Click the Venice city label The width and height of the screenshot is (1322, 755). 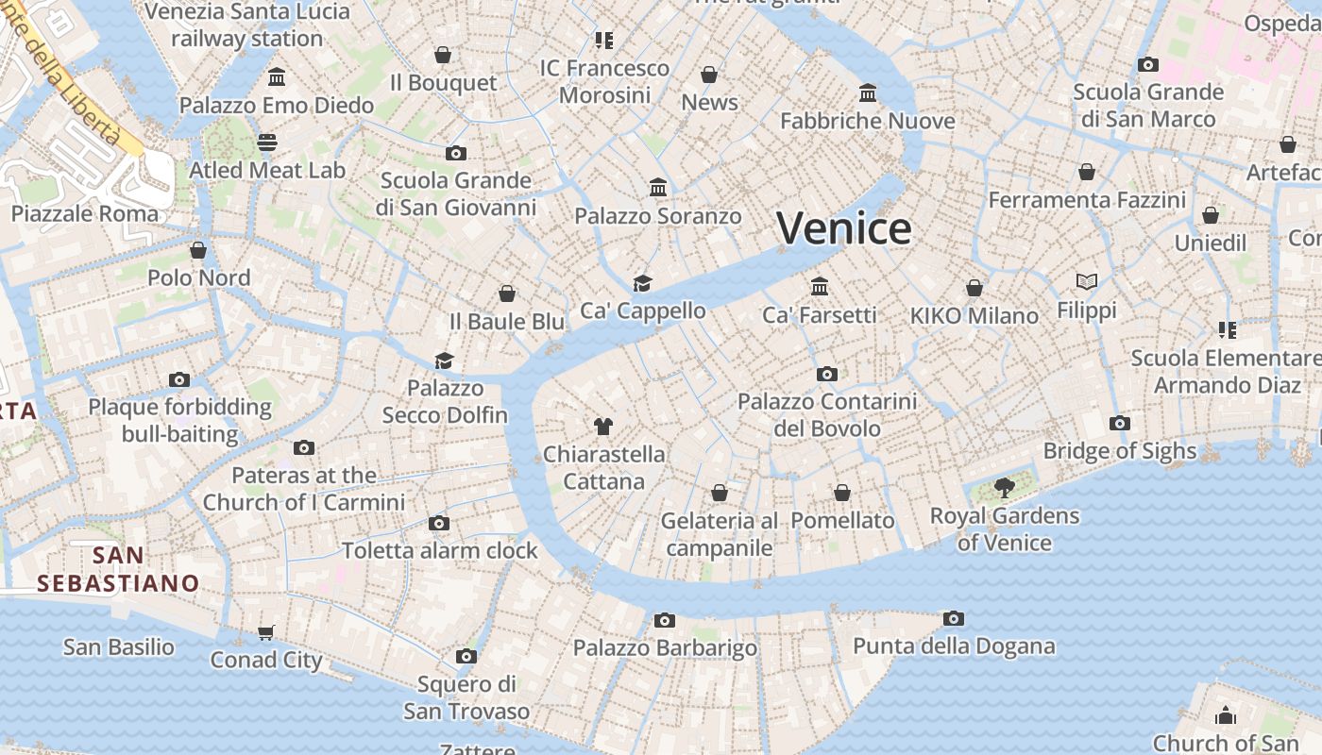843,229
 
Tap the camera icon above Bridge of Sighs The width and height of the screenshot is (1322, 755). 1120,423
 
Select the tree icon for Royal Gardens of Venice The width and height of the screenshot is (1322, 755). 1004,488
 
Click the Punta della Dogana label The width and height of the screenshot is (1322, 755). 954,646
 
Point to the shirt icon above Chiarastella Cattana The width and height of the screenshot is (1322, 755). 603,427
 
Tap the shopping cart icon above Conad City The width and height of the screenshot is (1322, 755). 266,632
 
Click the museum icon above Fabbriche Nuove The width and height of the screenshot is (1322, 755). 868,92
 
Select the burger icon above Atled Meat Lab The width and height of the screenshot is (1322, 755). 267,143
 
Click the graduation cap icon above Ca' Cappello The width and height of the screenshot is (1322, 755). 642,283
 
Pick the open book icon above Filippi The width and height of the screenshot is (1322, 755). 1087,281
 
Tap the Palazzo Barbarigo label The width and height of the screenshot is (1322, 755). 665,648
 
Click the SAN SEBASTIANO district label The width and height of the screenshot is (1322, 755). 118,569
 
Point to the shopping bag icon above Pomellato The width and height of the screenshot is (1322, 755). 842,493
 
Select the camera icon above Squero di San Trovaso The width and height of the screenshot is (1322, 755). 466,656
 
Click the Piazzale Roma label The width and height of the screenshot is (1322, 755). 85,213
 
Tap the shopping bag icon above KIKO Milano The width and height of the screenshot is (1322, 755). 975,288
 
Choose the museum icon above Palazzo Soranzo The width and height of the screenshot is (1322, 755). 658,188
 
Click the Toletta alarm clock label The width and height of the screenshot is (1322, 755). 439,550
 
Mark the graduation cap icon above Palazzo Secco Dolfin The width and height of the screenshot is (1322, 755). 444,361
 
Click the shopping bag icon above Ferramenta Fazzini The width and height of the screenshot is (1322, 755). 1087,172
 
